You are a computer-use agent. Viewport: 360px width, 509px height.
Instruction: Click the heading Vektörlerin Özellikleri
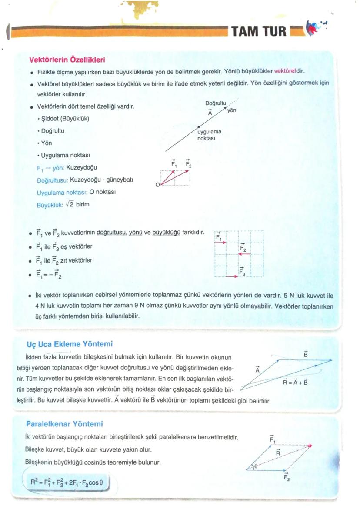67,59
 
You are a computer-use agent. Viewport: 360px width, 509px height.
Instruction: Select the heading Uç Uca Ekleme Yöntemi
70,344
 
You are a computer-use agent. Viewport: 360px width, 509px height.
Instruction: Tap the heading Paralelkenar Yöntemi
64,423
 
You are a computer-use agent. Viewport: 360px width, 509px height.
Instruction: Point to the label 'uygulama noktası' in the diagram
209,134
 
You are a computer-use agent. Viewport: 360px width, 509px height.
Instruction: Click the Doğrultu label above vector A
216,103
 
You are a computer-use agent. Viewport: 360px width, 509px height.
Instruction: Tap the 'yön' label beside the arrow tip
232,110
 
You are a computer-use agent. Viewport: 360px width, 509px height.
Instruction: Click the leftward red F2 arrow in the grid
244,255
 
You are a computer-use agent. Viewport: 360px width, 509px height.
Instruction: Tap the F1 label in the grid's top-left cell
219,237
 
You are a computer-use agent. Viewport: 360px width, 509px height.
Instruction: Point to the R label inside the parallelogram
277,453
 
